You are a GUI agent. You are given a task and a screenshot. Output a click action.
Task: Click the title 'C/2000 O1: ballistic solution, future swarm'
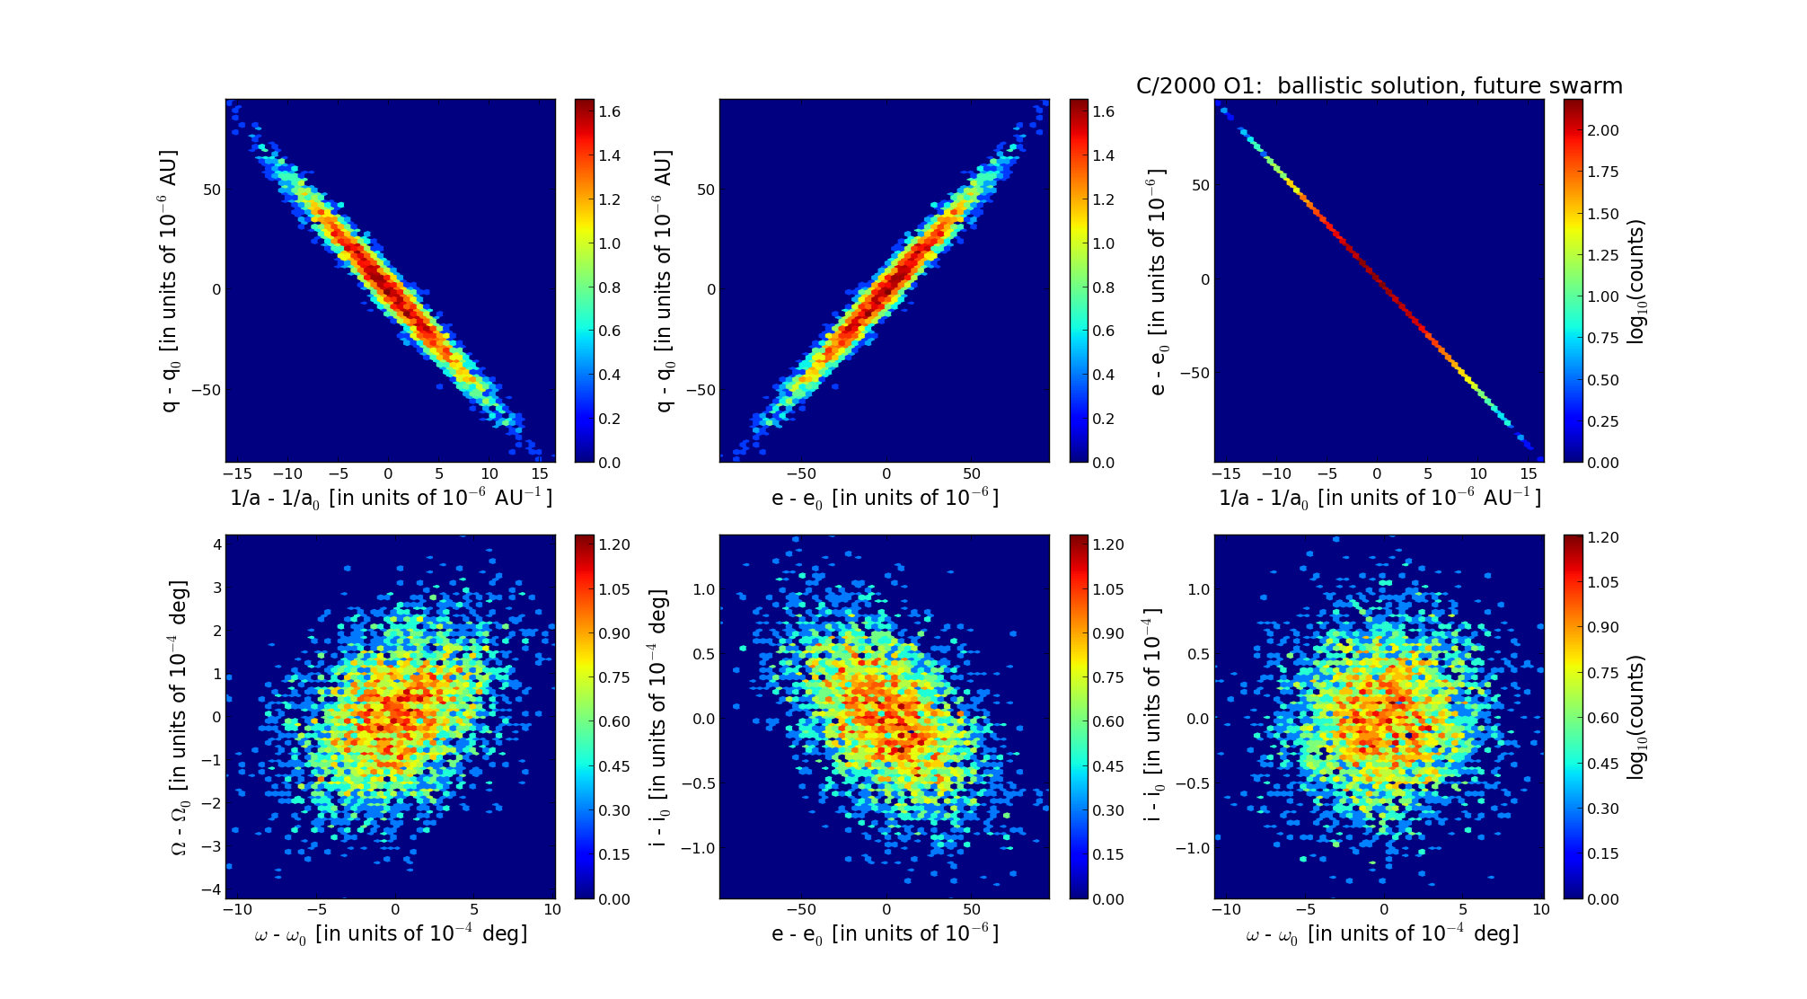tap(1379, 86)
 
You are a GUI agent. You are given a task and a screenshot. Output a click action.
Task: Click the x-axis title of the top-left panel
tap(391, 498)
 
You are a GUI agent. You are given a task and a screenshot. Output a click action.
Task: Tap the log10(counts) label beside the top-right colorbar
tap(1636, 281)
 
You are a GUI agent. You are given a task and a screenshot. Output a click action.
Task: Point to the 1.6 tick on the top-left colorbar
tap(611, 111)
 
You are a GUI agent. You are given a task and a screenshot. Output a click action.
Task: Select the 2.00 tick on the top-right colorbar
tap(1603, 130)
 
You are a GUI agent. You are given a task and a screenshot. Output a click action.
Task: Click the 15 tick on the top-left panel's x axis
tap(540, 474)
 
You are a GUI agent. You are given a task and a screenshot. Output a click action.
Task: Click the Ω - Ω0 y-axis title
tap(180, 717)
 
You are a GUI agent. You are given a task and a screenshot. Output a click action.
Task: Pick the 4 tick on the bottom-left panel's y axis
tap(216, 544)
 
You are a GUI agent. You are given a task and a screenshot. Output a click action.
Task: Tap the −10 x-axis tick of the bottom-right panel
tap(1226, 909)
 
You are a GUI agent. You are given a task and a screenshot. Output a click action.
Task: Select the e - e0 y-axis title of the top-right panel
tap(1158, 281)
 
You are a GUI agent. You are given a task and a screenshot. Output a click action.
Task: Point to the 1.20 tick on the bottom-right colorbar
tap(1603, 537)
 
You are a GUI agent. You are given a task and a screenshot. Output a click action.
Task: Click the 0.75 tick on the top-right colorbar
tap(1603, 338)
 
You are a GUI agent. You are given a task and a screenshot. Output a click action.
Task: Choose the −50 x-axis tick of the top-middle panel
tap(800, 474)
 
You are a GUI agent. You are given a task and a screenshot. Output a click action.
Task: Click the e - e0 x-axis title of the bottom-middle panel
tap(885, 934)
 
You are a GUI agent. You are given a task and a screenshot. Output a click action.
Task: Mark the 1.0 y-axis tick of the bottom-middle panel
tap(703, 589)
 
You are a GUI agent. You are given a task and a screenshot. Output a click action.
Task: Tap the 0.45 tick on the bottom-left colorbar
tap(614, 766)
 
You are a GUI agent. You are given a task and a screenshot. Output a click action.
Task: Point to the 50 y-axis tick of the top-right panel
tap(1200, 185)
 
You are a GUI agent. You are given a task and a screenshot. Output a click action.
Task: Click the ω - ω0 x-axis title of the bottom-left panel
tap(391, 934)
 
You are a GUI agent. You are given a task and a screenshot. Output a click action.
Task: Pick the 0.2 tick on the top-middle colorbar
tap(1103, 419)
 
